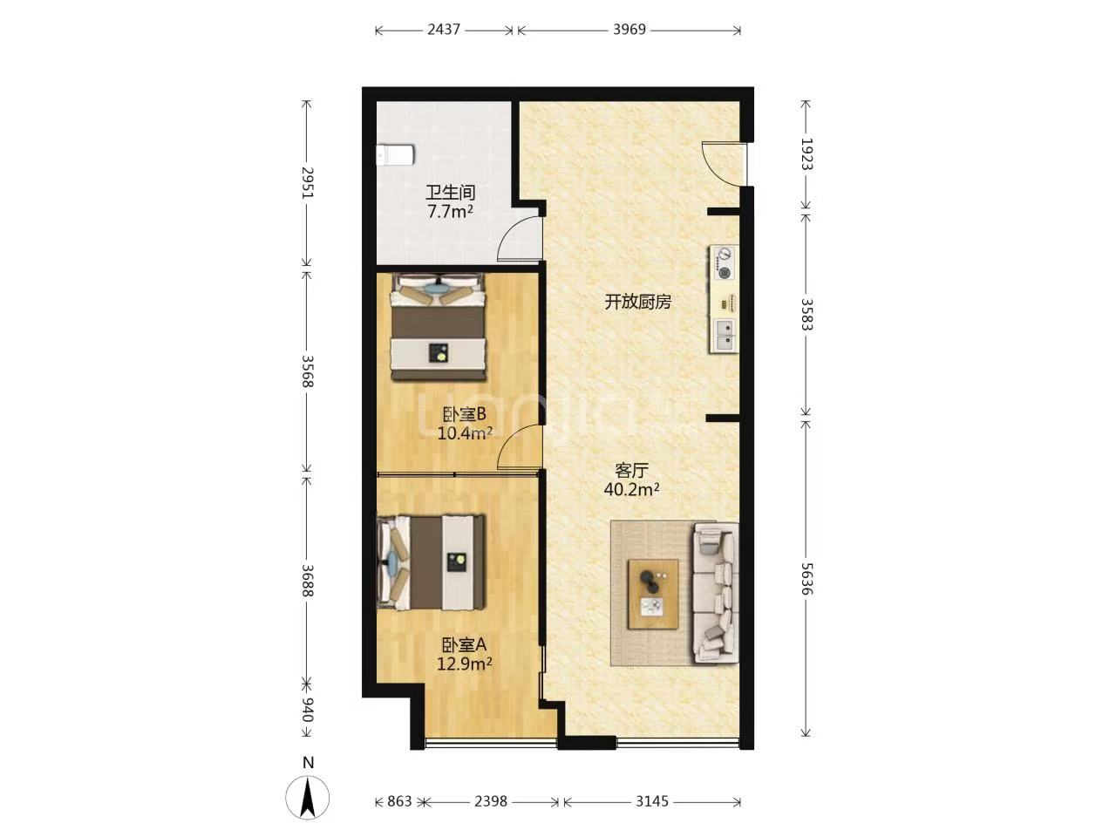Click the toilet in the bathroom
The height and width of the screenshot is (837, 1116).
[x=395, y=155]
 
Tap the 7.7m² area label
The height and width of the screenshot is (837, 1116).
[x=451, y=211]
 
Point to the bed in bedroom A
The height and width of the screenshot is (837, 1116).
[x=432, y=562]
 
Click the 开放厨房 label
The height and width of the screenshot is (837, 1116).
[x=637, y=302]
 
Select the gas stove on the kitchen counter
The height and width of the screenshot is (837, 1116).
[x=724, y=262]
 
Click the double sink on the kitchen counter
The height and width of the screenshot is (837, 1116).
[x=725, y=335]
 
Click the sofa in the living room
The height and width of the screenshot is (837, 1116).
[x=716, y=593]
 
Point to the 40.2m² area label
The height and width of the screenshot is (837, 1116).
[x=631, y=489]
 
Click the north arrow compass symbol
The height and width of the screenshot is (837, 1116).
[x=307, y=798]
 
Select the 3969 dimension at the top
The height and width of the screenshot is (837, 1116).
[x=629, y=30]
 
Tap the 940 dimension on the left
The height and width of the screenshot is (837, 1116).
[x=308, y=709]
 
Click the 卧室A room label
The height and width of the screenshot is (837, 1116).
[x=464, y=645]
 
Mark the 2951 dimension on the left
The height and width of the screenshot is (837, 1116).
[x=308, y=182]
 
